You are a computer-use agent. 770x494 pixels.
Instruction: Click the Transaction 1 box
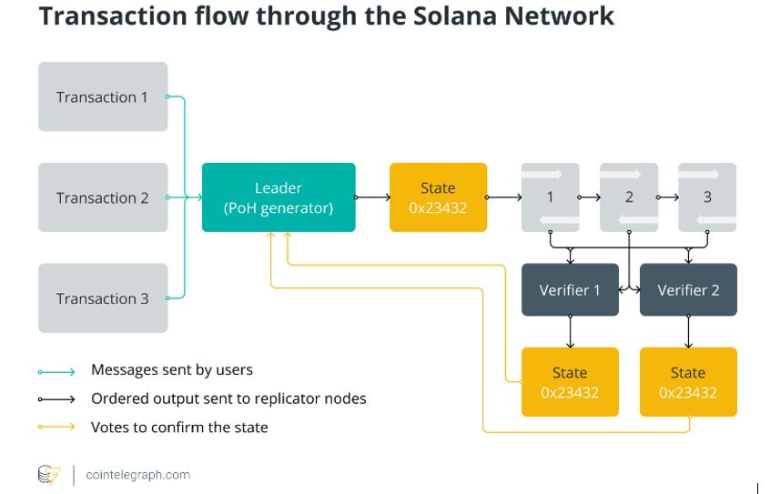[103, 96]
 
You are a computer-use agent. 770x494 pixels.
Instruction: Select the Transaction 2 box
[103, 197]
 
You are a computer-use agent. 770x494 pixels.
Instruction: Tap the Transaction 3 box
[103, 298]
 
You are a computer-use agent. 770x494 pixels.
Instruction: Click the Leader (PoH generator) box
[279, 197]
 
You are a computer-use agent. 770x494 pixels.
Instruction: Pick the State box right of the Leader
[438, 197]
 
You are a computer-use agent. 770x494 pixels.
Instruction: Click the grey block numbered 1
[550, 197]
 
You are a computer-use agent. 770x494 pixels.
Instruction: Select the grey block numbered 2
[629, 197]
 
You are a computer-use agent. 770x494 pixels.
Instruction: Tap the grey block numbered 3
[707, 197]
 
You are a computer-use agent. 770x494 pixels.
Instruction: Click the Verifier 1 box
[570, 290]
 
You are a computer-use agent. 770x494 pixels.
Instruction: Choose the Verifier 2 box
[688, 290]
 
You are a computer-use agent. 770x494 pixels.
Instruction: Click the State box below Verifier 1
[570, 382]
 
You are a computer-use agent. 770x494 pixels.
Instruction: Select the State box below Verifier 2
[688, 382]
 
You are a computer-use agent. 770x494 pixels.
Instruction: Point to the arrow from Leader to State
[372, 197]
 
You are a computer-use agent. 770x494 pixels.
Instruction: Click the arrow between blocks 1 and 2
[590, 197]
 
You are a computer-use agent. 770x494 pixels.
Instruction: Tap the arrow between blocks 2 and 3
[668, 197]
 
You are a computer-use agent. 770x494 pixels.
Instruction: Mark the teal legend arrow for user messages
[56, 371]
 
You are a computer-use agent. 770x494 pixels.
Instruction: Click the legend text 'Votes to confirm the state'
[179, 427]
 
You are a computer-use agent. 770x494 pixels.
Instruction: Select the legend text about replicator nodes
[228, 398]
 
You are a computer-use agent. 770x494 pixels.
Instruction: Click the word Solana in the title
[451, 16]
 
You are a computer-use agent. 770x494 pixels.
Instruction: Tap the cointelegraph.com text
[137, 474]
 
